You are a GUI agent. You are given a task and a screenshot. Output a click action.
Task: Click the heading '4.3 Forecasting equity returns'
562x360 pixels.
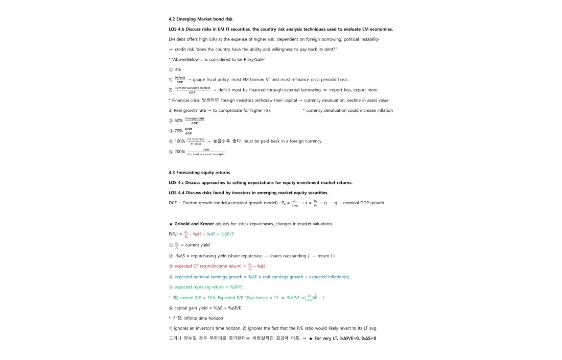pyautogui.click(x=199, y=173)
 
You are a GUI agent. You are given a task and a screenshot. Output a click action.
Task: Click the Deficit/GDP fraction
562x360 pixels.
pyautogui.click(x=179, y=80)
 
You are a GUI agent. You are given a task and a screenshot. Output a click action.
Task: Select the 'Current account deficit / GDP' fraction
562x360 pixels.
pyautogui.click(x=192, y=90)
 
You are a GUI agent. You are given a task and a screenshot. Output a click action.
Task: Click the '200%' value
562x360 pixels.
pyautogui.click(x=180, y=152)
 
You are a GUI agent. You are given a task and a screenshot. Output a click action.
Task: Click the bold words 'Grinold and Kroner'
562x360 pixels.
pyautogui.click(x=194, y=224)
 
